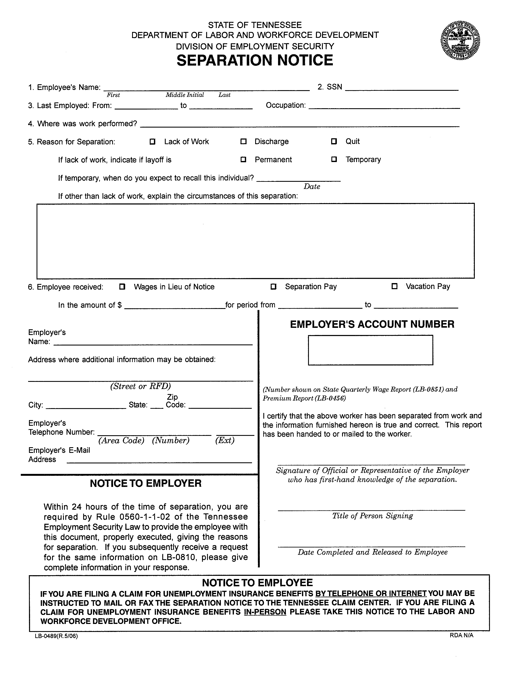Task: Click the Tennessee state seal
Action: coord(460,41)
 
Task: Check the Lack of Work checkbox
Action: coord(152,142)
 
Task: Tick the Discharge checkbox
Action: coord(243,142)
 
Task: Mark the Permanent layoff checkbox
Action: coord(243,160)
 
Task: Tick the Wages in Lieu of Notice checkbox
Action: coord(122,286)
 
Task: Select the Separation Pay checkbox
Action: coord(273,286)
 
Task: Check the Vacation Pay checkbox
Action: coord(395,286)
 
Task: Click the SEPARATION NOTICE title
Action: coord(255,60)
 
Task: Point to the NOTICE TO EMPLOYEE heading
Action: coord(257,583)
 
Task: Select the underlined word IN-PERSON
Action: coord(265,612)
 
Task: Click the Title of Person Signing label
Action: coord(372,516)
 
